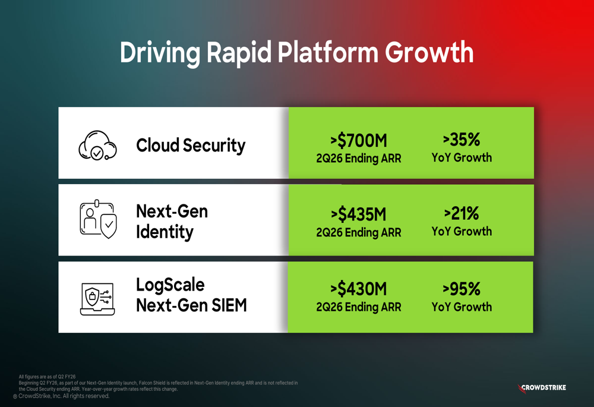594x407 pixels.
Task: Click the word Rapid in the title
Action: [239, 52]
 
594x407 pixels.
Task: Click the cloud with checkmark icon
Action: [97, 146]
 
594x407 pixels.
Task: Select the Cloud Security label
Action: [191, 146]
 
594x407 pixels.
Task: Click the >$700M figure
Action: [358, 141]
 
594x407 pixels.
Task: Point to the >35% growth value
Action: [462, 140]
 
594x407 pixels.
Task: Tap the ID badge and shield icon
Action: [98, 219]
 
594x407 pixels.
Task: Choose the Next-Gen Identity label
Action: [172, 222]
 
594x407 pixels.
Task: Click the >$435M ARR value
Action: [358, 214]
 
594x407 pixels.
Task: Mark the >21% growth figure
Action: [462, 214]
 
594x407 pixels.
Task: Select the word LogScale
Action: [170, 285]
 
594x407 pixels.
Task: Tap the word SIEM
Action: [229, 305]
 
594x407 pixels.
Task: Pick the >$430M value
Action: [358, 289]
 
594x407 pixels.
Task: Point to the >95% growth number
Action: [462, 289]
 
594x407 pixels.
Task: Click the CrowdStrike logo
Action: [542, 388]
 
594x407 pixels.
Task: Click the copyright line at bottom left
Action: [61, 396]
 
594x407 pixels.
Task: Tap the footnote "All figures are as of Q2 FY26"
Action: [47, 377]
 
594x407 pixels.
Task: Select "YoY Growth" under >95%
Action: [462, 307]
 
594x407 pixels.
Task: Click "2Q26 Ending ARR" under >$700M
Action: [358, 159]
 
